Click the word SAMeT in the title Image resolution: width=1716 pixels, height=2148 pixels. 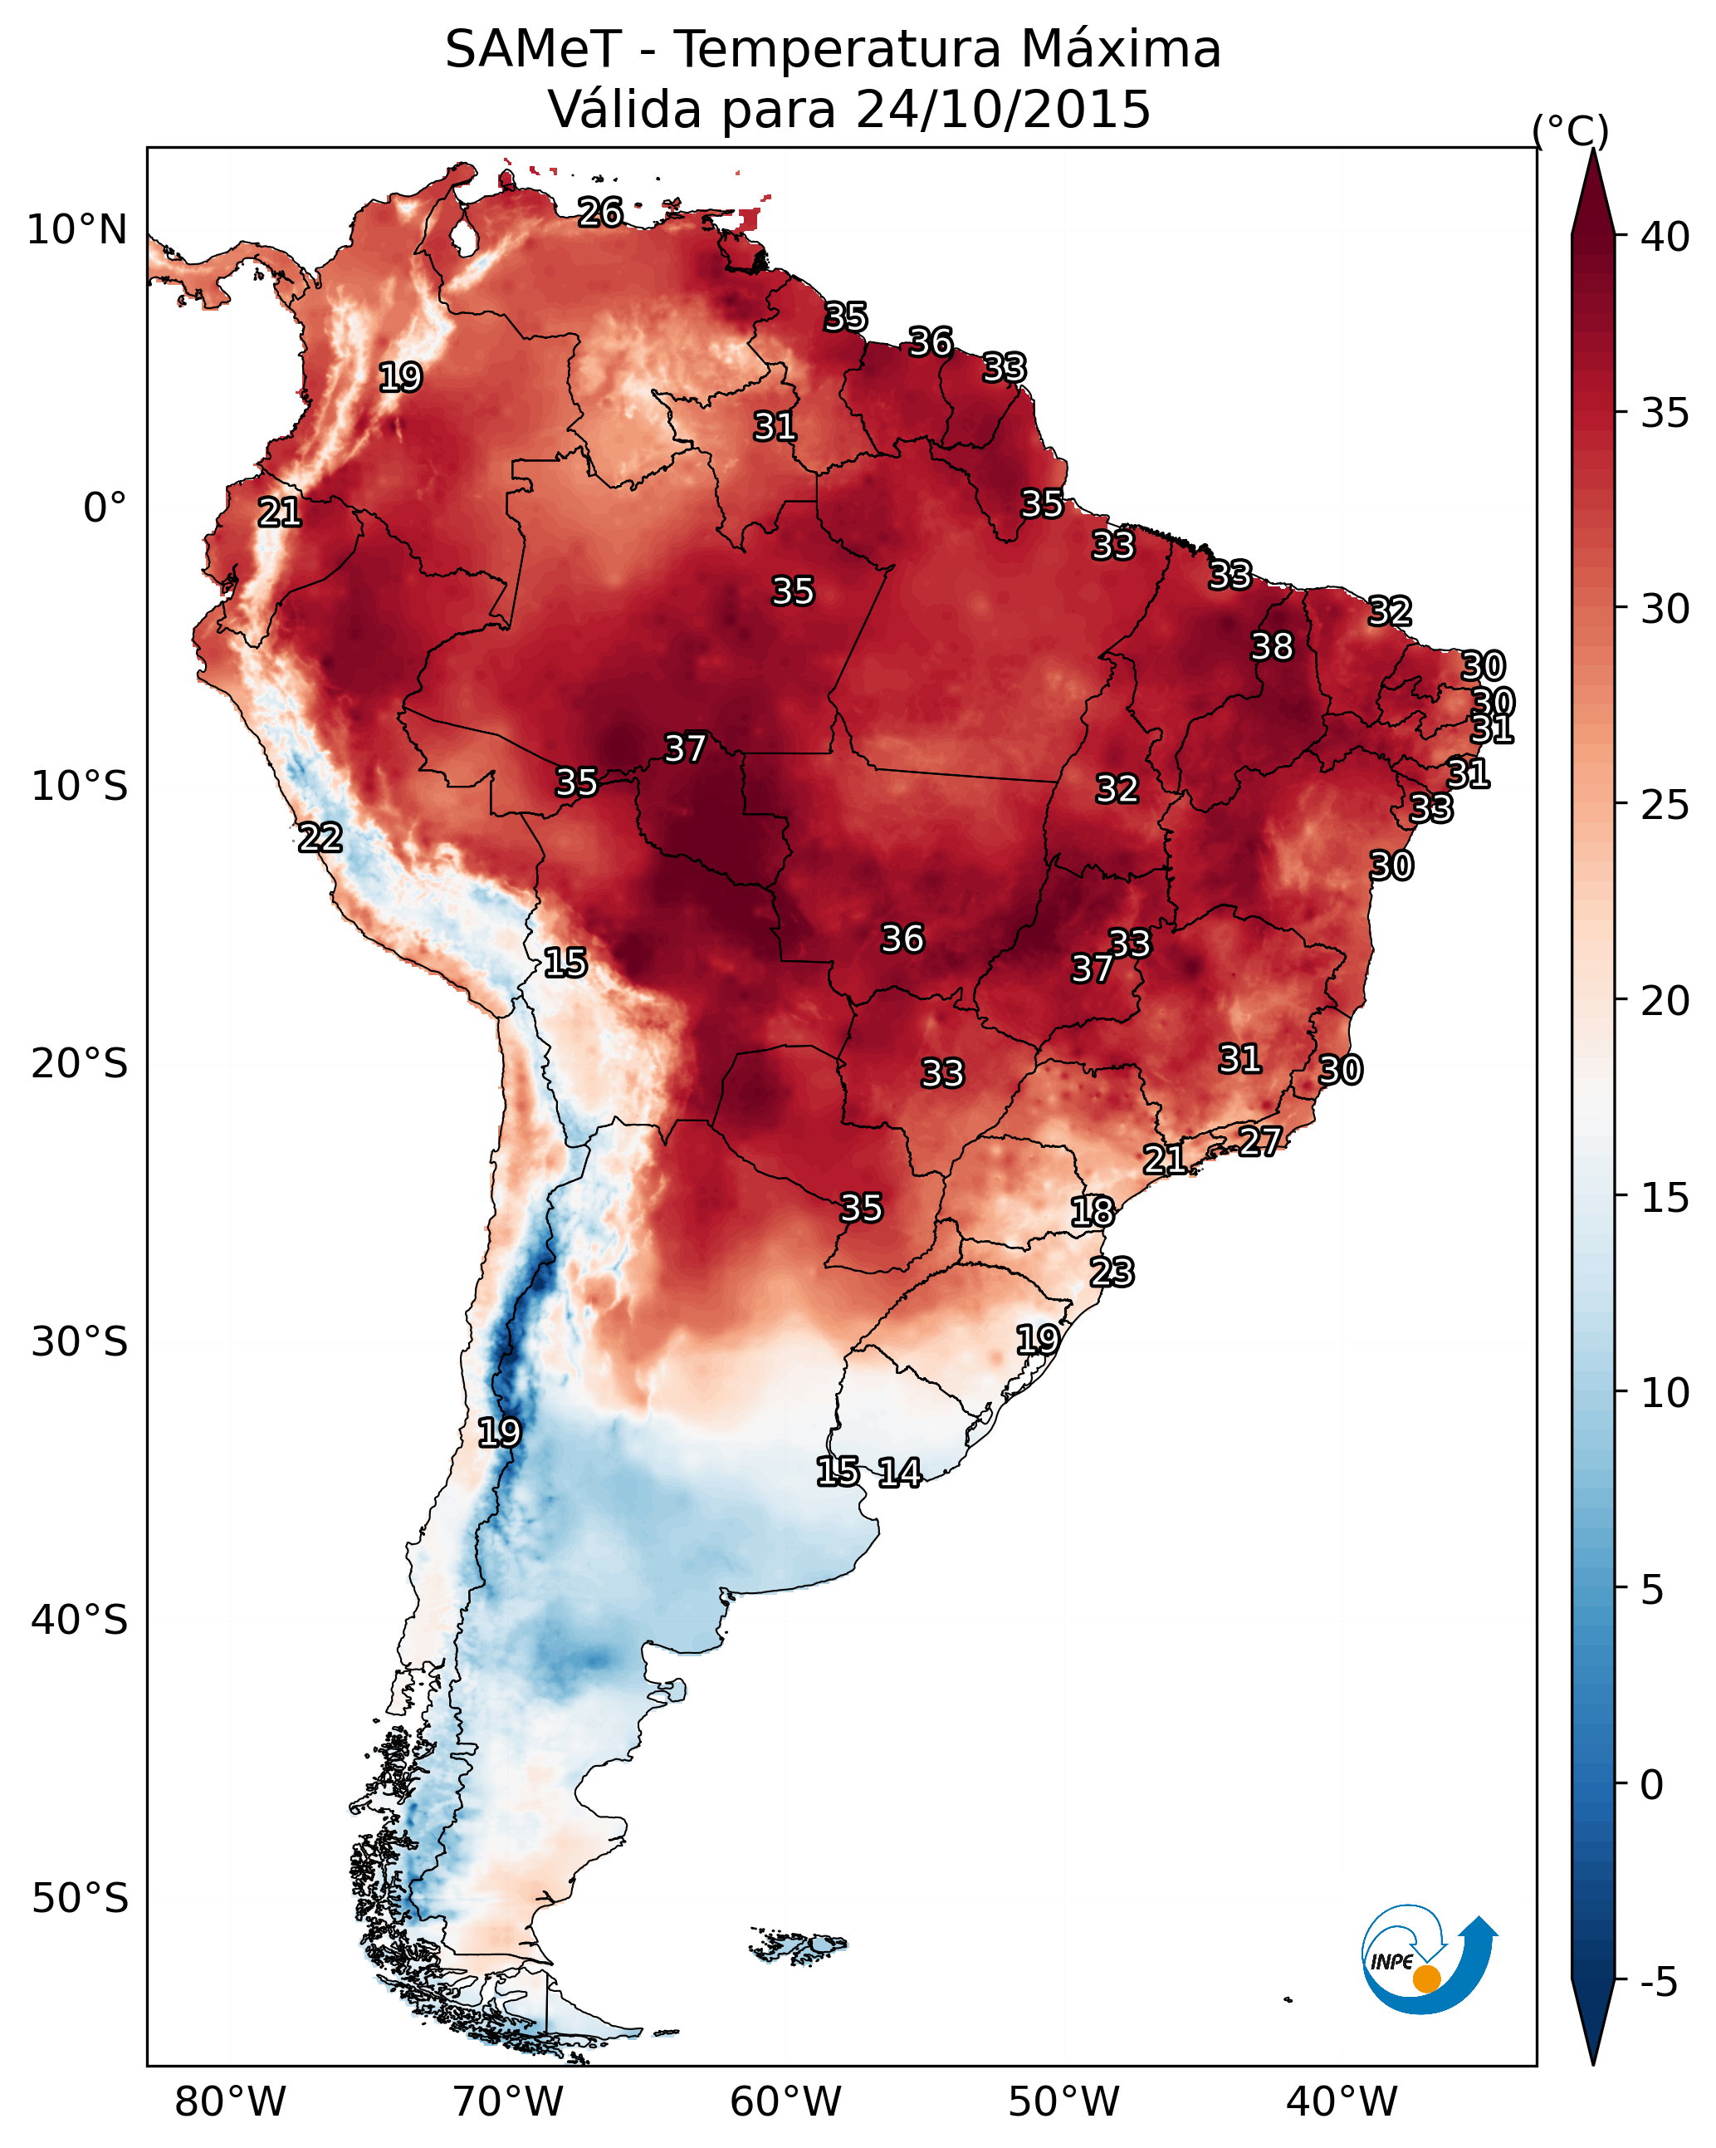533,50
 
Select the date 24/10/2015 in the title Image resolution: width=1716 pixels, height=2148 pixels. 1002,110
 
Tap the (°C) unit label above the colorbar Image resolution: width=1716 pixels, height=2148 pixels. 1570,130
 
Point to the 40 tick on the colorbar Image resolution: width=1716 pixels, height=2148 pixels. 1665,237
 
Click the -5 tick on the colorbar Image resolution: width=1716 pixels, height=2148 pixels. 1660,1983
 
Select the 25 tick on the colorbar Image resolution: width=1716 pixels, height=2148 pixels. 1665,805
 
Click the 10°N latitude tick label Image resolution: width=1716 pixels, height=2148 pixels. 76,230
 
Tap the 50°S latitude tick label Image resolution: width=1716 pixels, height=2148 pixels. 80,1898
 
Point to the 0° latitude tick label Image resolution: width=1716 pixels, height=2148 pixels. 105,508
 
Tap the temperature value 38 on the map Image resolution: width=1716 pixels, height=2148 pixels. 1272,646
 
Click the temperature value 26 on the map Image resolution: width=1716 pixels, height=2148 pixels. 600,212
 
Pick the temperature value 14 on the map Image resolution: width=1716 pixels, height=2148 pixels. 899,1473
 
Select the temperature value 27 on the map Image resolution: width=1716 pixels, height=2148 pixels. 1260,1140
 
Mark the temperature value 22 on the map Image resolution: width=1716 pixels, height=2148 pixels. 320,838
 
